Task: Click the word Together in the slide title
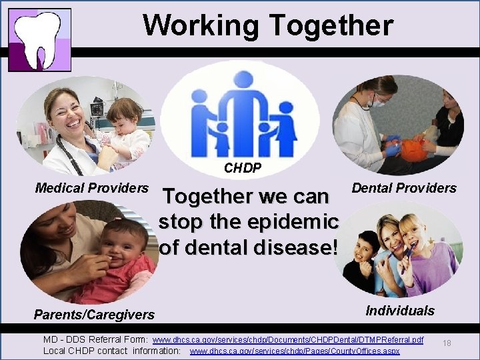[x=331, y=25]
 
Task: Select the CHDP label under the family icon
[x=242, y=168]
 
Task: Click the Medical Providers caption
[x=91, y=188]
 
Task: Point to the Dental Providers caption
[x=404, y=188]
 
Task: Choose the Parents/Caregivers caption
[x=94, y=314]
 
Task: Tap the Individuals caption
[x=400, y=311]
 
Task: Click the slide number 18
[x=447, y=343]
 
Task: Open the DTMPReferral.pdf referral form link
[x=288, y=340]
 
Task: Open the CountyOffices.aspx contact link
[x=295, y=351]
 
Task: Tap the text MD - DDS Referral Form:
[x=96, y=340]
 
